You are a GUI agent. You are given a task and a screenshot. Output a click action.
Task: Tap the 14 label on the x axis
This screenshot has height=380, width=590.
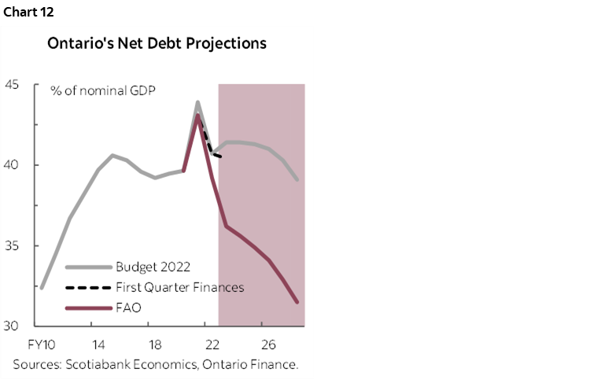click(x=98, y=345)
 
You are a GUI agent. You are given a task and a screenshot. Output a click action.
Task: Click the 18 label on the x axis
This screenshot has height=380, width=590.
click(x=155, y=345)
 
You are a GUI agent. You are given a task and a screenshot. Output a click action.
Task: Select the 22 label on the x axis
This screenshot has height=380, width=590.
click(x=212, y=345)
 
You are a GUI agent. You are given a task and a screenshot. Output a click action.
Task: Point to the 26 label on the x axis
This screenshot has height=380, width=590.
click(x=268, y=345)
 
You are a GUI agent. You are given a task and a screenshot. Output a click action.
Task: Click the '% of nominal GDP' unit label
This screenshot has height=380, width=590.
click(x=103, y=90)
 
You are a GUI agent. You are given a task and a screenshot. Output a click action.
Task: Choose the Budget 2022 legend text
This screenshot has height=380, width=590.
click(x=153, y=266)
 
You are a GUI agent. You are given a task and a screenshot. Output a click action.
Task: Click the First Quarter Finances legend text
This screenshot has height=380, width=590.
click(x=179, y=286)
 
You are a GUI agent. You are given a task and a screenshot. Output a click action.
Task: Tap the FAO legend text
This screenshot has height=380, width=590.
click(x=128, y=307)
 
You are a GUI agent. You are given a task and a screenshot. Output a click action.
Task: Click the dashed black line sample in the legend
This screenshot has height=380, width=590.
click(x=87, y=286)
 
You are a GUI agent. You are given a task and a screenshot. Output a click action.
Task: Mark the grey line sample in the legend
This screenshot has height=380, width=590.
click(x=87, y=266)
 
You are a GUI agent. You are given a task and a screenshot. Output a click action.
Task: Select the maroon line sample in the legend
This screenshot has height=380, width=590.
click(x=87, y=307)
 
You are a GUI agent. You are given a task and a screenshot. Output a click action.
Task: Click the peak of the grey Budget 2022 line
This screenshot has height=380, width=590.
click(x=197, y=101)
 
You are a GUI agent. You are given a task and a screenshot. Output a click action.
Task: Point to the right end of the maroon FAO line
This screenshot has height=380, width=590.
click(x=297, y=301)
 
